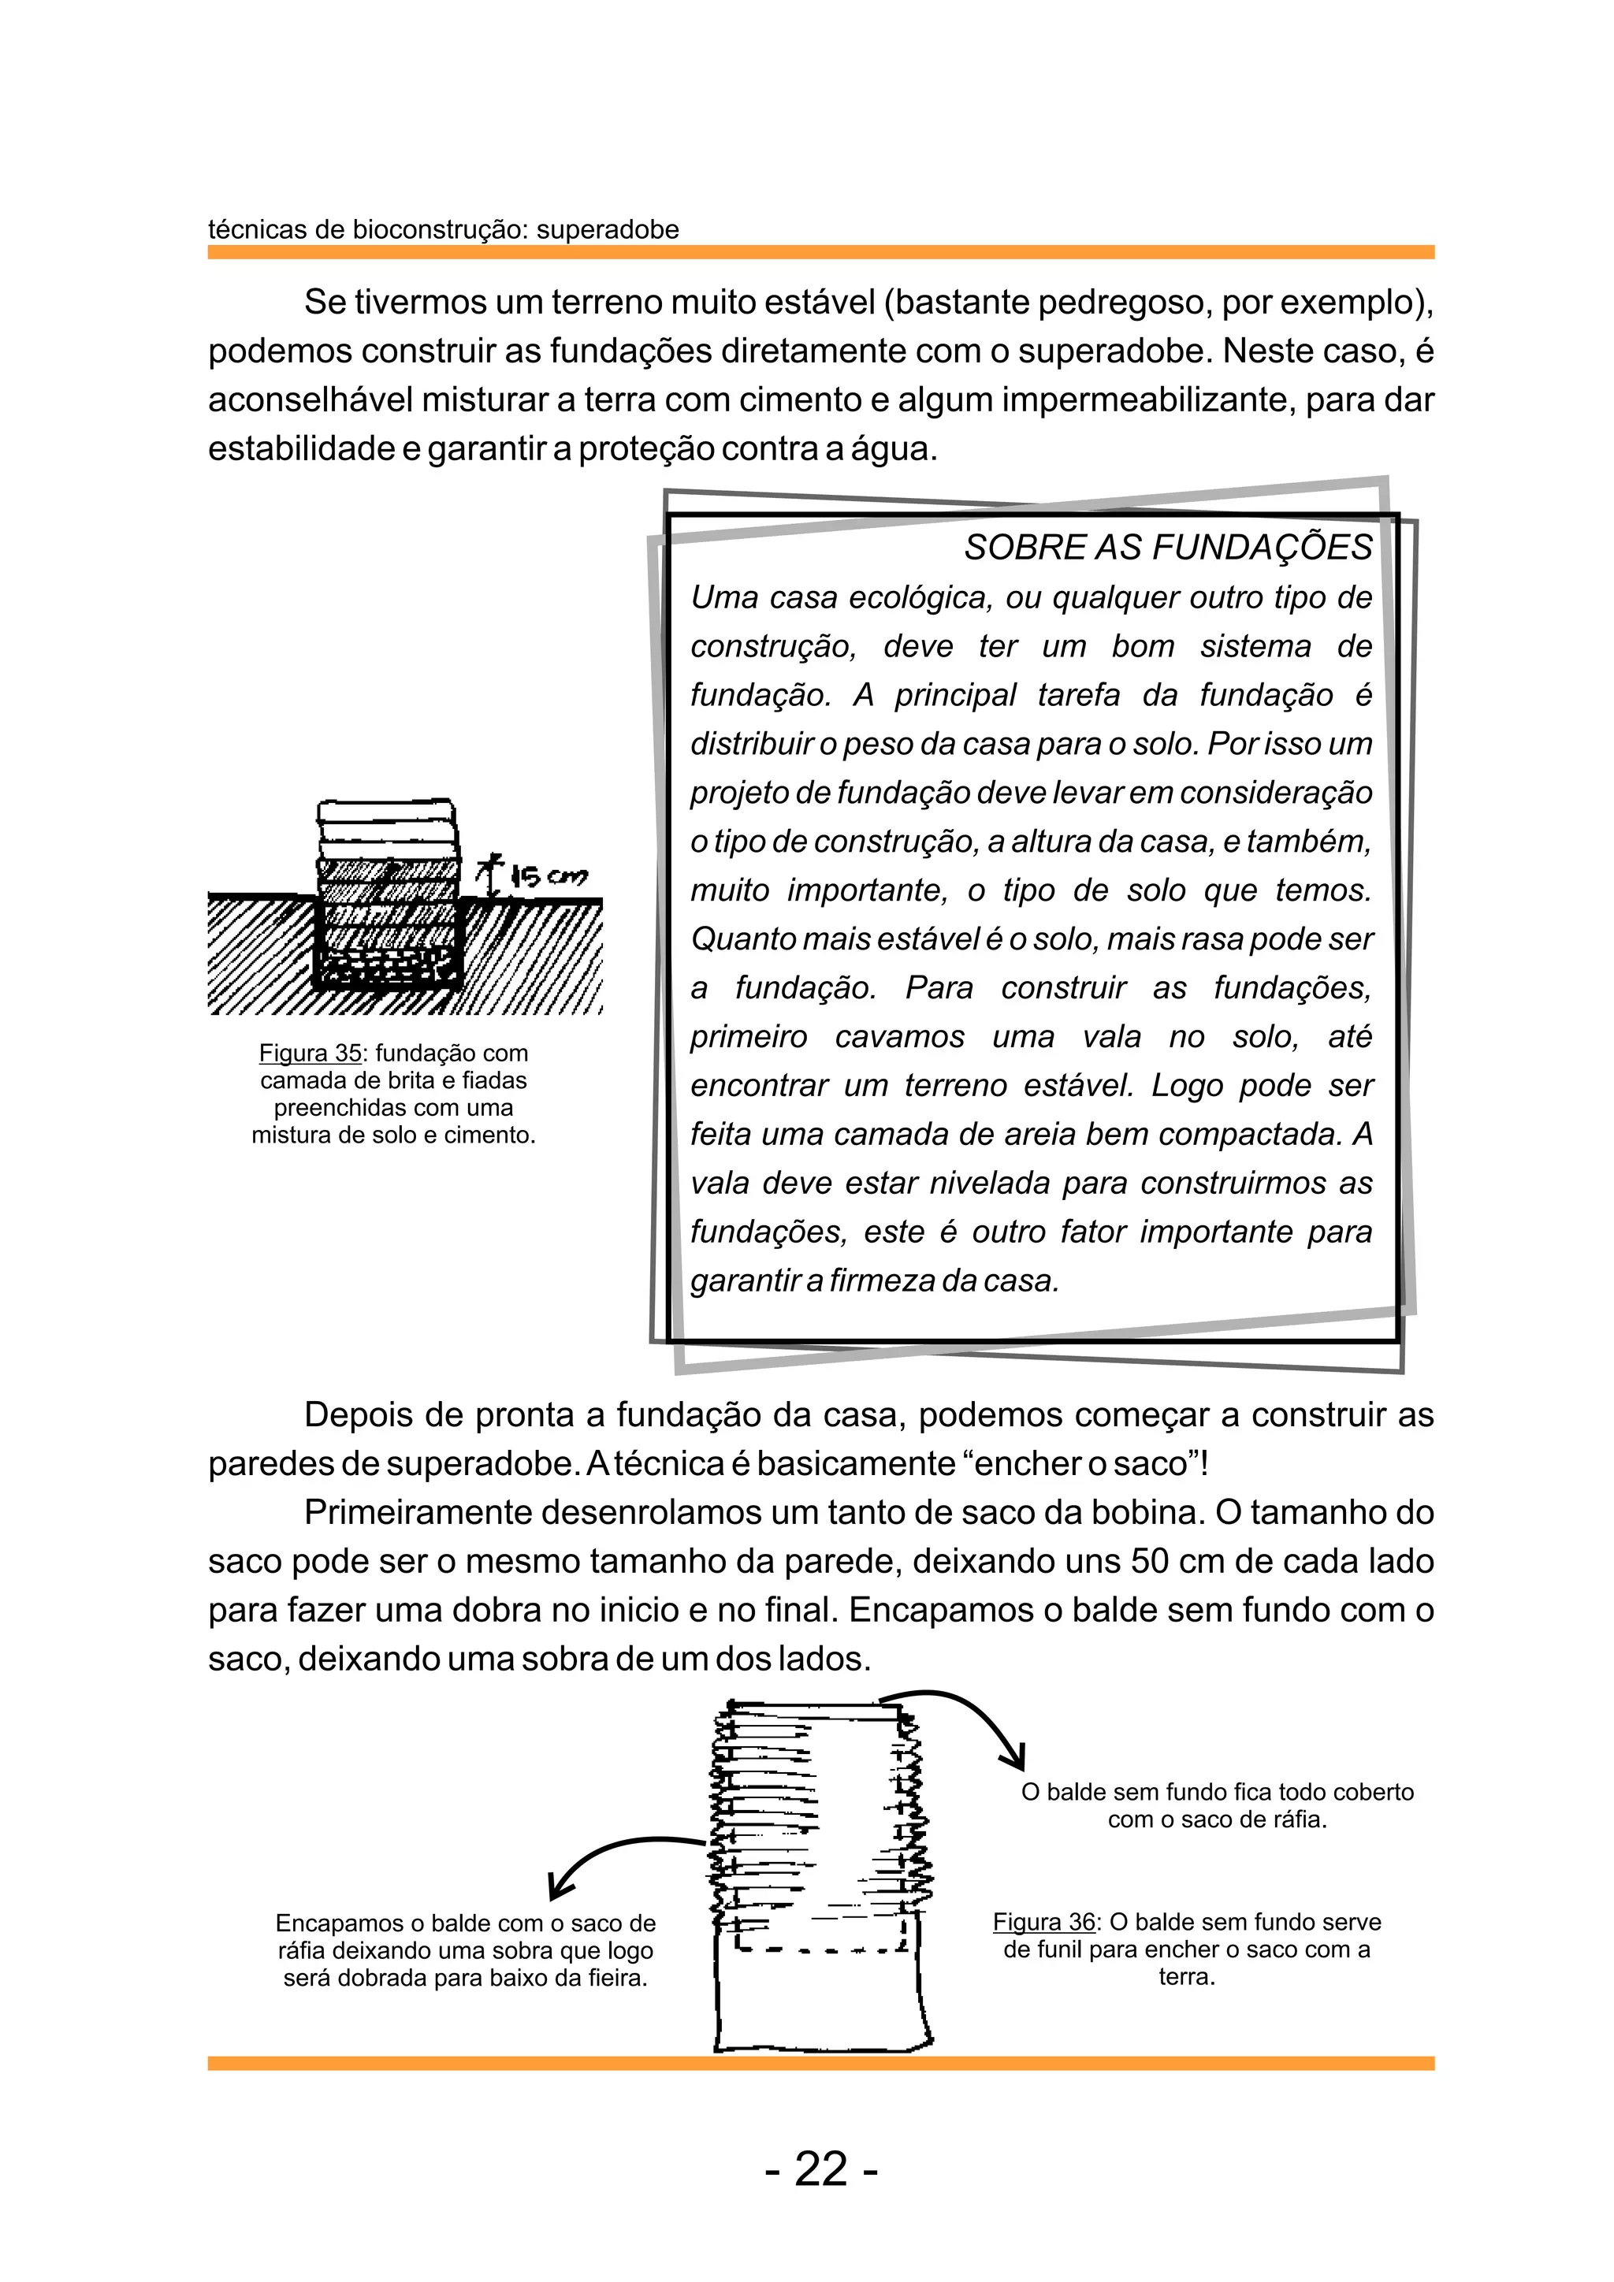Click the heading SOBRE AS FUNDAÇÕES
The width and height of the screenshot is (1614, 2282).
(1168, 548)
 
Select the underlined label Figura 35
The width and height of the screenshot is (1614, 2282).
(310, 1053)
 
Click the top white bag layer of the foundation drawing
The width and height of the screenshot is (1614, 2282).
(388, 813)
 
